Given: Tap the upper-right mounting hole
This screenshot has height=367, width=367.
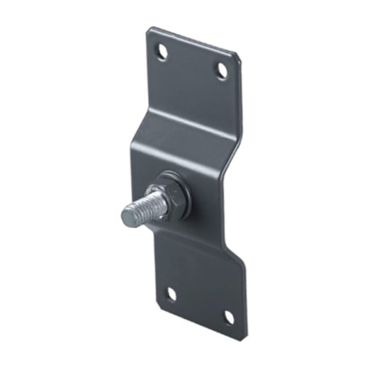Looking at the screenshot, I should (222, 69).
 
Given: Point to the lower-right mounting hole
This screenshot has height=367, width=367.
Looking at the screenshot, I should (229, 317).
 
